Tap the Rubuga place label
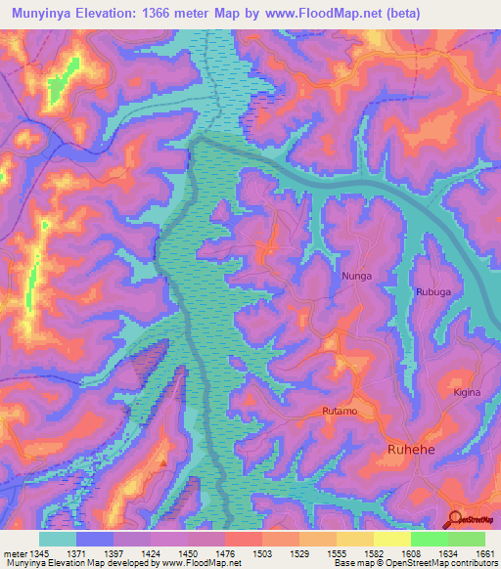click(x=433, y=291)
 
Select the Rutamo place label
click(x=342, y=412)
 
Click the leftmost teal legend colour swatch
click(x=58, y=539)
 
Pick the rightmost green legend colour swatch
click(x=467, y=539)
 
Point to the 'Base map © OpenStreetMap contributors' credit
click(x=413, y=564)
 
